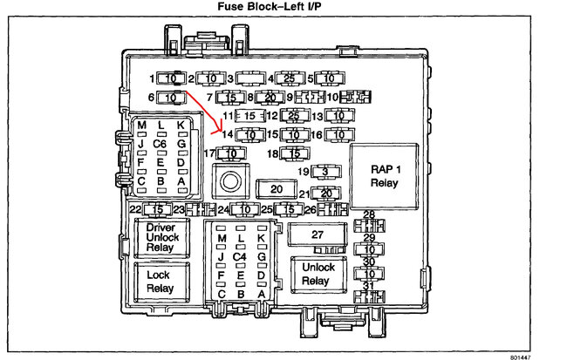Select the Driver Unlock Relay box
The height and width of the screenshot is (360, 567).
point(161,236)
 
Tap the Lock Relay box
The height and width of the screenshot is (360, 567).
point(161,281)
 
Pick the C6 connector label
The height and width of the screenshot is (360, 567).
point(161,143)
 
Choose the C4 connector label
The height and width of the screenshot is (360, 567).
point(240,257)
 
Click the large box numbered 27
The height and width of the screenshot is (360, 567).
point(318,234)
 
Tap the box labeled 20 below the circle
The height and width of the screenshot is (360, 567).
point(277,188)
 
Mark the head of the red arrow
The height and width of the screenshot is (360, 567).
point(219,133)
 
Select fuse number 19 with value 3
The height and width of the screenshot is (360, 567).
point(324,172)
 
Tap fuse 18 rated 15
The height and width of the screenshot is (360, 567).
point(295,154)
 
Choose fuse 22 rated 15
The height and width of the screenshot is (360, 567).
point(157,210)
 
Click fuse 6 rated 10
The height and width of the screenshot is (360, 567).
point(171,97)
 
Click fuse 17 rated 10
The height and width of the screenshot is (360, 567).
point(230,154)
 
